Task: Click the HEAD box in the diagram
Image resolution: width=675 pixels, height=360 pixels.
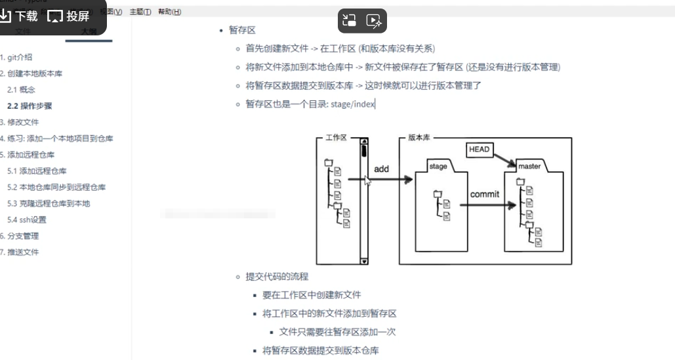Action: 480,150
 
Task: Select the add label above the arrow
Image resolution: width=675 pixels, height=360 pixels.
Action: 381,169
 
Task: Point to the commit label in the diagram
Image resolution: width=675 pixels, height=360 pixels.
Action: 485,194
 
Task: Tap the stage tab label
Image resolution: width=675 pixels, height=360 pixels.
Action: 438,167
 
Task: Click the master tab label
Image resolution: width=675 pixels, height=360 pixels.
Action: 529,167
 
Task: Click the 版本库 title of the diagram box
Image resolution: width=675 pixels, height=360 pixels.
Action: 419,138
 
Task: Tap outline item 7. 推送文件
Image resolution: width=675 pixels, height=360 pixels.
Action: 20,252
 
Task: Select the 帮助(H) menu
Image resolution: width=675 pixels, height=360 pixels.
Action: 169,12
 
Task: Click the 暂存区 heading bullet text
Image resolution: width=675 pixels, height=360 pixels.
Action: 242,30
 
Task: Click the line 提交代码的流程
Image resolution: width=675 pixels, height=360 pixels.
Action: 277,277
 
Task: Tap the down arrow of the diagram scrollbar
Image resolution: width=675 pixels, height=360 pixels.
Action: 364,261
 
